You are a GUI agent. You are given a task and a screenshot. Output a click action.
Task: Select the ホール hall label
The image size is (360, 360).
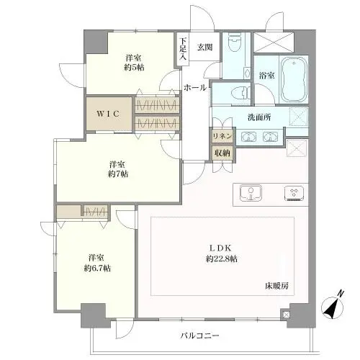pos(195,88)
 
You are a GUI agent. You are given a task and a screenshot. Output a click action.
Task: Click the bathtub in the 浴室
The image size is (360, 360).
pos(294,79)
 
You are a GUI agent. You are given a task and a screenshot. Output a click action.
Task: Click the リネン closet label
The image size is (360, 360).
pos(221,136)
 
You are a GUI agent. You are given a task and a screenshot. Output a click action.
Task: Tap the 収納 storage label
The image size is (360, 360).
pos(221,153)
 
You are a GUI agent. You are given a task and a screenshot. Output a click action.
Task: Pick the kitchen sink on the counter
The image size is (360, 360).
pos(251,193)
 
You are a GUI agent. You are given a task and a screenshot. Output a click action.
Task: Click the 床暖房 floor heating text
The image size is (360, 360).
pos(275,286)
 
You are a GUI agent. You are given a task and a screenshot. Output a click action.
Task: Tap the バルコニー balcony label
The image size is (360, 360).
pos(200,336)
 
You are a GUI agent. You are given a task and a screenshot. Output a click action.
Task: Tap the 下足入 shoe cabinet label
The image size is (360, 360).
pos(184,48)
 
